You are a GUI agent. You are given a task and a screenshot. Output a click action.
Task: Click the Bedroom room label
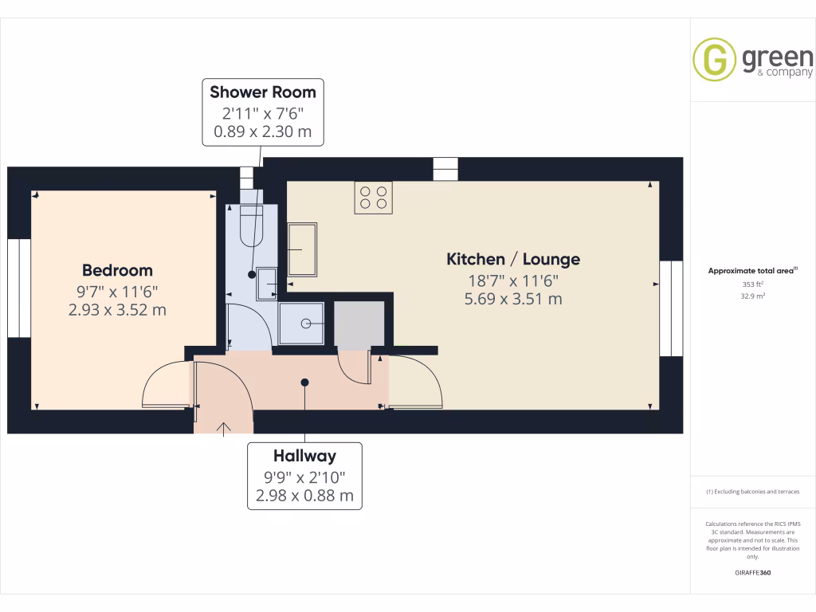(x=117, y=270)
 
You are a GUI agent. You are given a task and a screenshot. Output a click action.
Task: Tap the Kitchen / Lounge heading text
(x=512, y=259)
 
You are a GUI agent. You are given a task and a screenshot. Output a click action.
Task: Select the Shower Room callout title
(x=263, y=92)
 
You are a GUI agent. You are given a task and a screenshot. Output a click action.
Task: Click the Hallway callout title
(x=304, y=456)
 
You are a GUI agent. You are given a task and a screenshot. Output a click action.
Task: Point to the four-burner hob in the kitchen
(x=375, y=198)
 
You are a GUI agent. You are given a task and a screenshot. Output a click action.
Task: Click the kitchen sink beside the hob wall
(x=302, y=249)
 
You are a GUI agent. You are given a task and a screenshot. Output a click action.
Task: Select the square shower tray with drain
(x=302, y=323)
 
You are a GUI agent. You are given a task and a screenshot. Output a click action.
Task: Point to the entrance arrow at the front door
(x=224, y=430)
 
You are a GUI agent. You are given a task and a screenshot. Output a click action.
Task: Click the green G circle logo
(x=714, y=60)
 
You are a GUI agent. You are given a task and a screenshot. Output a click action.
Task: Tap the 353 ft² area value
(x=752, y=284)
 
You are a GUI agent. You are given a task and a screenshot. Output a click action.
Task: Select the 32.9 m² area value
(x=752, y=296)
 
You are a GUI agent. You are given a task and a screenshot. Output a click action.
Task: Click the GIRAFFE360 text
(x=752, y=573)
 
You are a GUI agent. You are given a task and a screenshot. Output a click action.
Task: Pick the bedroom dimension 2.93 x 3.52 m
(x=117, y=309)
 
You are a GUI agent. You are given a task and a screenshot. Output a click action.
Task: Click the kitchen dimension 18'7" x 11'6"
(x=512, y=280)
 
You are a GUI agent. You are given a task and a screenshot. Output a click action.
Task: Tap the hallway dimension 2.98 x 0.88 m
(x=304, y=496)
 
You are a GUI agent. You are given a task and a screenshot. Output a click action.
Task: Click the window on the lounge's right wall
(x=672, y=308)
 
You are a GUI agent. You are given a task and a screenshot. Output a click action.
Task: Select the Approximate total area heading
(x=752, y=271)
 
